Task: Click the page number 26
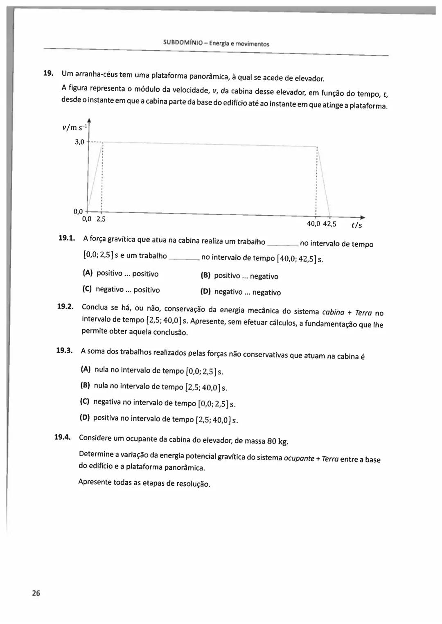pos(36,593)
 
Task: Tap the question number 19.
pos(48,73)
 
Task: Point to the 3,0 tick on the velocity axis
pos(79,142)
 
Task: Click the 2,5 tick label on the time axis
pos(101,219)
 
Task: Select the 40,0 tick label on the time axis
pos(313,224)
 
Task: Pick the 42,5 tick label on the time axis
pos(329,224)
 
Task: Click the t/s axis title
pos(356,225)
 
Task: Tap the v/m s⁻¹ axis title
pos(74,127)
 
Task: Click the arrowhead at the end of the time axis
pos(362,218)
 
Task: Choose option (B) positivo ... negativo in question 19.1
pos(239,276)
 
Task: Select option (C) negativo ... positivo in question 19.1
pos(121,290)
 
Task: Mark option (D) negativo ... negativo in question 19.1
pos(241,292)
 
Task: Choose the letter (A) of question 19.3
pos(86,369)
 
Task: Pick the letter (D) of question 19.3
pos(85,417)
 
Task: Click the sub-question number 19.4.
pos(63,437)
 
